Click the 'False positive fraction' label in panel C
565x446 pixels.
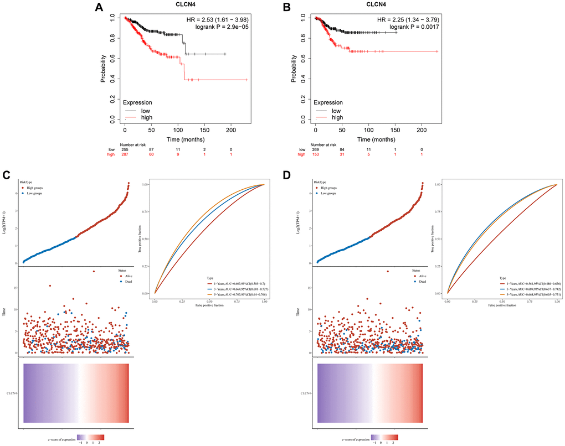(x=209, y=305)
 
